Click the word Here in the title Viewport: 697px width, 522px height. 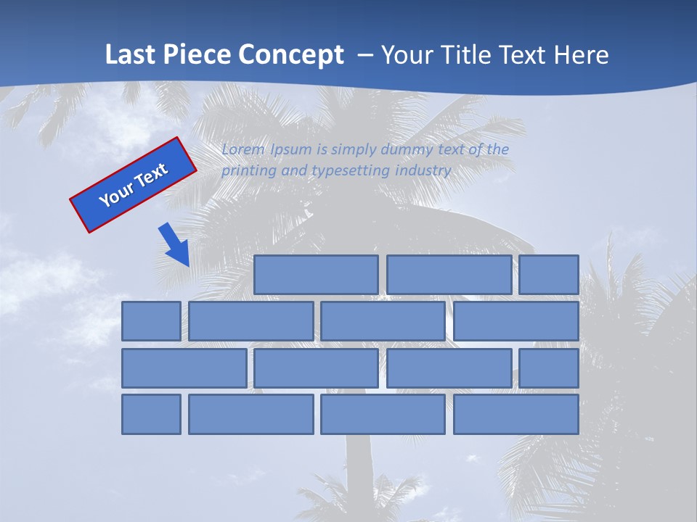(581, 54)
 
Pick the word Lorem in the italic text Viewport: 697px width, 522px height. (244, 149)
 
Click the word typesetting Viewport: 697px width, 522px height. (350, 171)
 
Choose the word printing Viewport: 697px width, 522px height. (248, 171)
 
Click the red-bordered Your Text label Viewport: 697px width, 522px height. (134, 185)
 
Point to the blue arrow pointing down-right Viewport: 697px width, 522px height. (174, 244)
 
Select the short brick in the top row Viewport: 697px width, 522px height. (549, 275)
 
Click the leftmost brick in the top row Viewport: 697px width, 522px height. (316, 275)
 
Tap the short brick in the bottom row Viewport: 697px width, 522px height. (151, 414)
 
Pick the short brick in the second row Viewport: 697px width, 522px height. (151, 321)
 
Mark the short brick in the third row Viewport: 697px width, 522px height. (549, 368)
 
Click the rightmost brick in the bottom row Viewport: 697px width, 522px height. (516, 414)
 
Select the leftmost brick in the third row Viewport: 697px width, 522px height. (184, 368)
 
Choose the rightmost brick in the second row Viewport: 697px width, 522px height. (516, 321)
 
